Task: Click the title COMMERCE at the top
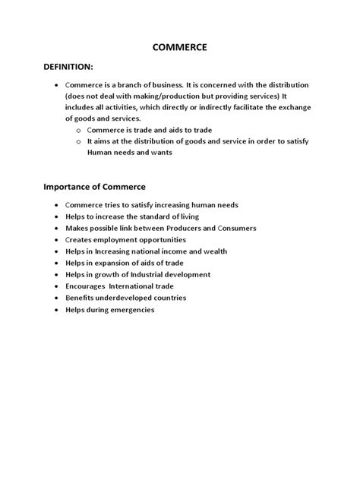179,48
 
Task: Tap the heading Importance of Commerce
94,186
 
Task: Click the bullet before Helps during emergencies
57,310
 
